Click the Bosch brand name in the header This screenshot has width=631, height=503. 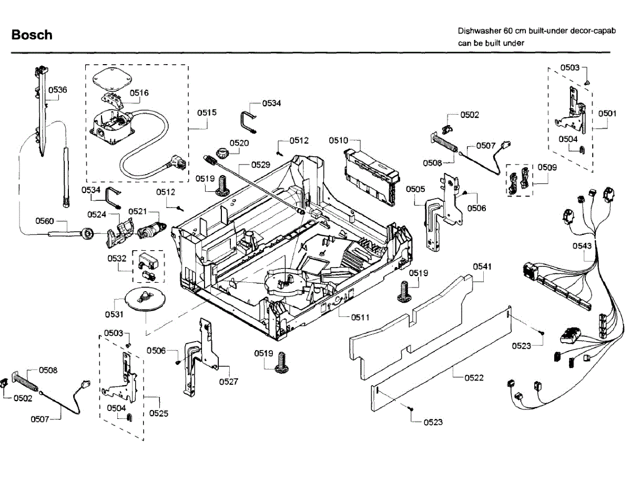(32, 35)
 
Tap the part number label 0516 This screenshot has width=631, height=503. (139, 93)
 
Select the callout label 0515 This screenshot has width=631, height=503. (207, 112)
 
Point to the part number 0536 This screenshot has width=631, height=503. (58, 90)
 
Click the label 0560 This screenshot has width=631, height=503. (45, 221)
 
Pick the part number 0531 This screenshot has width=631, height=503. (114, 314)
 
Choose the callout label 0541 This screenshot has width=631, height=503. (482, 266)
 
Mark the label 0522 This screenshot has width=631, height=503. (474, 378)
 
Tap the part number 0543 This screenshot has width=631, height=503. (582, 246)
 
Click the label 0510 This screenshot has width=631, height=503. (338, 141)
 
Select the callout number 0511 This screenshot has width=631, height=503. (360, 317)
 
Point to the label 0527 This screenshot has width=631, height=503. (229, 382)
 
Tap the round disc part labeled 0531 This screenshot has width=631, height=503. (145, 299)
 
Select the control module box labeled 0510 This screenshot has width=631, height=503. (372, 177)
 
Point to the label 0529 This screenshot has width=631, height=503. (261, 165)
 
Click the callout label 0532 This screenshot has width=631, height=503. (117, 258)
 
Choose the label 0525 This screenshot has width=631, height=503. (159, 413)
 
